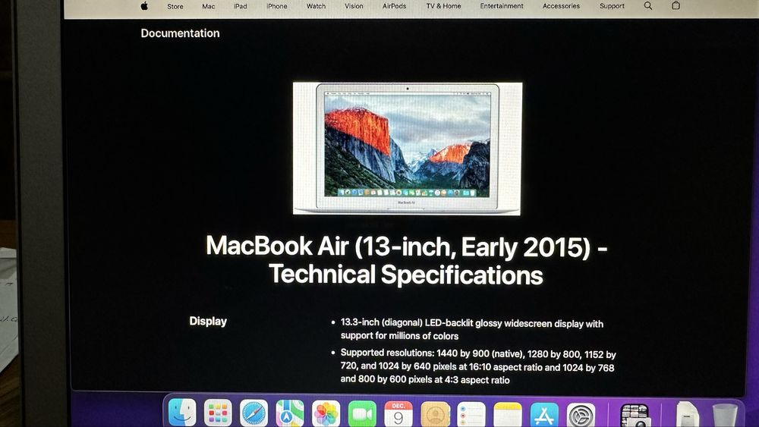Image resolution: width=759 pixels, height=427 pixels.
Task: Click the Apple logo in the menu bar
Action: pos(144,6)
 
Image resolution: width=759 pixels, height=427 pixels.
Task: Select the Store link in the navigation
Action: pos(175,6)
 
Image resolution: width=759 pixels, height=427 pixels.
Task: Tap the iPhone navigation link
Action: pos(277,6)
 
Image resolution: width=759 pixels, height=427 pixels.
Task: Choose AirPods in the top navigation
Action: pos(394,6)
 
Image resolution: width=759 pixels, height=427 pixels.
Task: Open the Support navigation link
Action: pos(612,6)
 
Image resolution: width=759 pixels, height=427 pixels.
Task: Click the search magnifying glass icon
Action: pos(647,5)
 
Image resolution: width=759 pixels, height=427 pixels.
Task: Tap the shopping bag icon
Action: pos(676,5)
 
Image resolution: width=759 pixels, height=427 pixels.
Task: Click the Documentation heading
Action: pos(180,33)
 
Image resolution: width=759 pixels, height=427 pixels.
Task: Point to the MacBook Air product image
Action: pos(407,148)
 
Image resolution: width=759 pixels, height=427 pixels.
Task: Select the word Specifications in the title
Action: pos(461,274)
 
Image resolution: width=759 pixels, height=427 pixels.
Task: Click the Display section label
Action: pos(208,322)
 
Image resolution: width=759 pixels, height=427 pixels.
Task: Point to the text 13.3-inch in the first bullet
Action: pos(360,324)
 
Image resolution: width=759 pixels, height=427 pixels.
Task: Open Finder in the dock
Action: pos(182,413)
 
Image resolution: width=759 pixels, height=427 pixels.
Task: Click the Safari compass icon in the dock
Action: pos(254,413)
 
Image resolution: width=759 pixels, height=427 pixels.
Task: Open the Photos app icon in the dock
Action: pos(326,414)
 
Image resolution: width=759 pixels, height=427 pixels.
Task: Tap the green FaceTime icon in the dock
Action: pos(362,414)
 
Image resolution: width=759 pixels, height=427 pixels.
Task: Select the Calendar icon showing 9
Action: pos(398,414)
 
